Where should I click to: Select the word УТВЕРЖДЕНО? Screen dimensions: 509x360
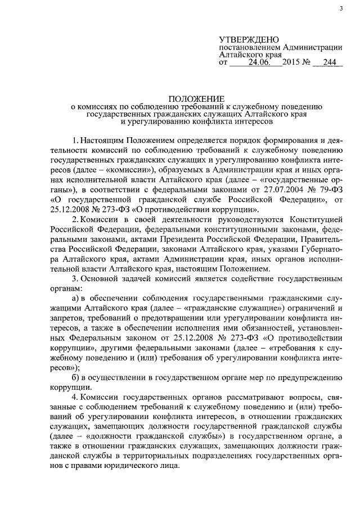[x=249, y=39]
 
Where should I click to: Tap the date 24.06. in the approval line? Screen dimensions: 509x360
[x=259, y=64]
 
